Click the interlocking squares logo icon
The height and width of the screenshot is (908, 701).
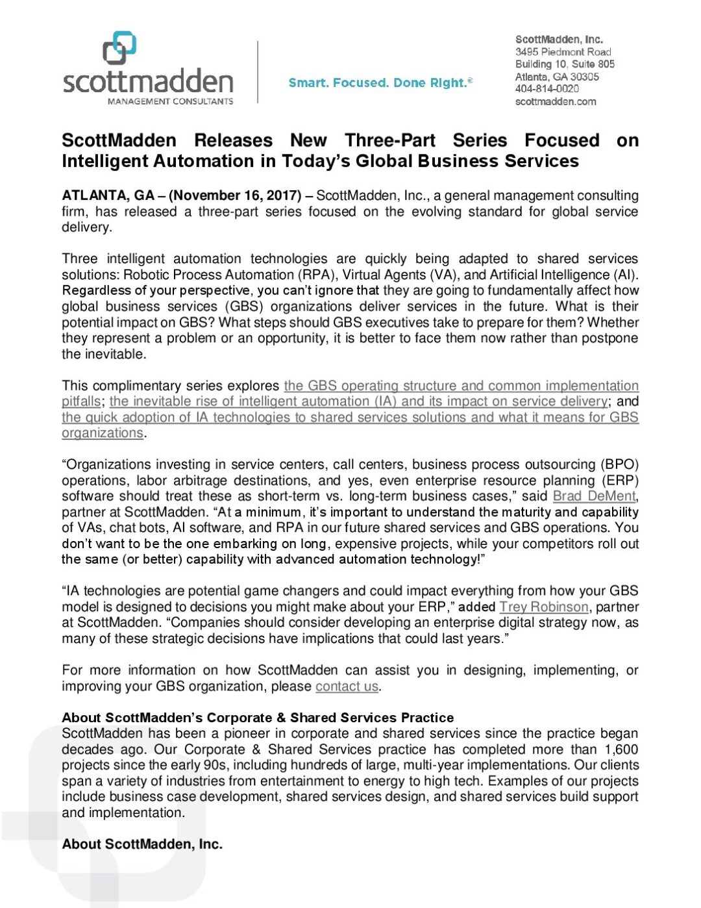point(119,48)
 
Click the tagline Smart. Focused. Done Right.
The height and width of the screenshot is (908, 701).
point(380,82)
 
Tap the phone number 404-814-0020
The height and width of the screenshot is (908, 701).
point(547,88)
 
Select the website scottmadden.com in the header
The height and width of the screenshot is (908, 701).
point(556,101)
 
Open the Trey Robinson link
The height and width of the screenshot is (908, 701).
point(543,607)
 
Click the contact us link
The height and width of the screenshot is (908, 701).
point(347,687)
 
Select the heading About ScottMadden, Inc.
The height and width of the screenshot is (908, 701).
point(142,844)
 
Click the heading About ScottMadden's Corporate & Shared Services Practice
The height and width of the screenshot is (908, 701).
point(258,718)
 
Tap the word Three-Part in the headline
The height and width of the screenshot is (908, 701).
point(389,140)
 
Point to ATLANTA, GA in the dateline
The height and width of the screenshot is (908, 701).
point(108,195)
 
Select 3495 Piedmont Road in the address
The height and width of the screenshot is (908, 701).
point(563,52)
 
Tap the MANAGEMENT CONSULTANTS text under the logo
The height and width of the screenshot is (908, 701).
point(170,101)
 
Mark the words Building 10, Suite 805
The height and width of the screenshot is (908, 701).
point(565,64)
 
